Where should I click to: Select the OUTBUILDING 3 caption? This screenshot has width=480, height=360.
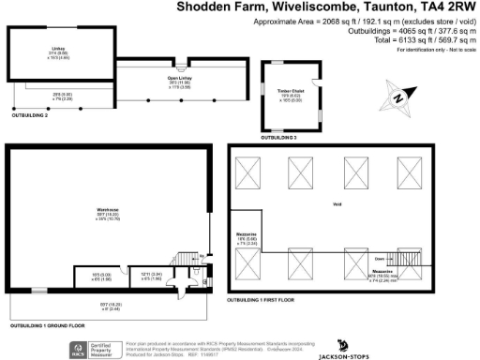(280, 137)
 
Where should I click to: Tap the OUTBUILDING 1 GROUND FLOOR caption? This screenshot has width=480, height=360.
(46, 325)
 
